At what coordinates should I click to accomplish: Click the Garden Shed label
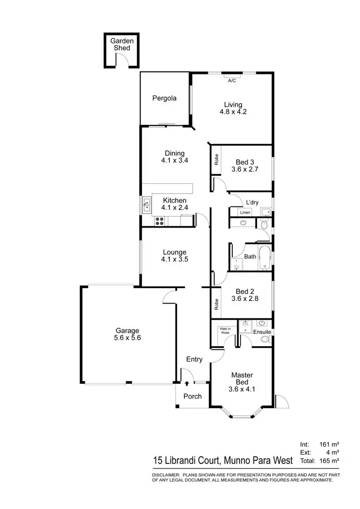[x=121, y=45]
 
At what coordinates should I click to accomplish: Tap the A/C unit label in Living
[x=232, y=80]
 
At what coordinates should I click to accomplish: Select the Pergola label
[x=165, y=98]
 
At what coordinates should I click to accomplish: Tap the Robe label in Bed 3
[x=217, y=158]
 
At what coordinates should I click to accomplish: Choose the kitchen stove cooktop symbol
[x=160, y=221]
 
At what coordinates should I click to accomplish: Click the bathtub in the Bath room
[x=265, y=258]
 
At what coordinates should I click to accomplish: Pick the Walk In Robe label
[x=224, y=330]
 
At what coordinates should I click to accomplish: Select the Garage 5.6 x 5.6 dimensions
[x=127, y=338]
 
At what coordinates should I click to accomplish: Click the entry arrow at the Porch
[x=187, y=383]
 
